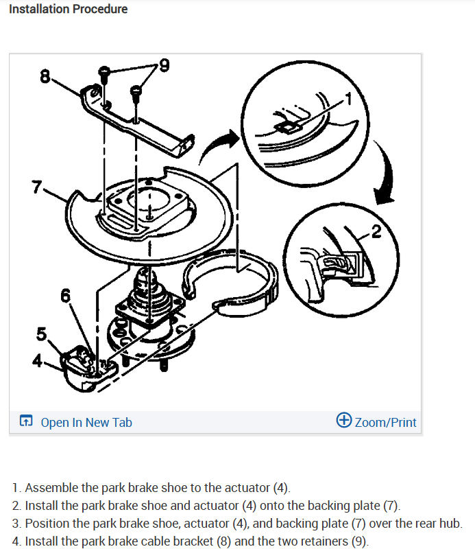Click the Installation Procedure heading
tap(68, 9)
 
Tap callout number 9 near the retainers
tap(163, 66)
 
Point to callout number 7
tap(37, 187)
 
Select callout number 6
tap(65, 296)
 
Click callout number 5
tap(42, 335)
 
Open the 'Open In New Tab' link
tap(86, 422)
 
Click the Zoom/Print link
tap(385, 422)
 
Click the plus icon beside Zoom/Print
tap(344, 421)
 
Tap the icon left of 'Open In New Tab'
tap(26, 422)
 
